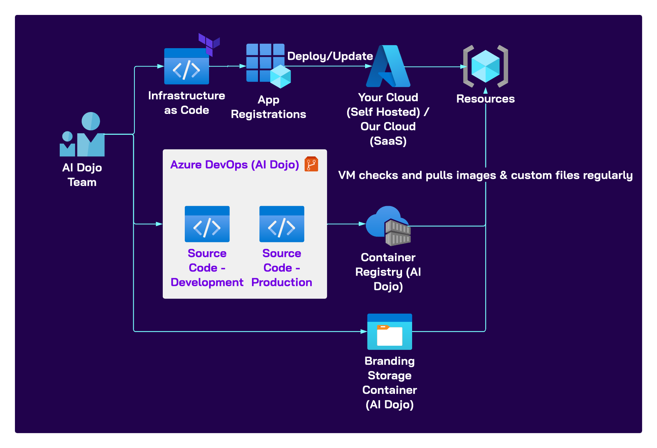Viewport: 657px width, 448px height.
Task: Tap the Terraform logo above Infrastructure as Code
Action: pyautogui.click(x=209, y=44)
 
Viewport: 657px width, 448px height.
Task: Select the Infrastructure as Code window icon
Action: pyautogui.click(x=187, y=67)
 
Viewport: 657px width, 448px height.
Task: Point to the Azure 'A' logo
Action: pyautogui.click(x=388, y=66)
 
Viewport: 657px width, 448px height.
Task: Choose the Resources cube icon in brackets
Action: pyautogui.click(x=485, y=66)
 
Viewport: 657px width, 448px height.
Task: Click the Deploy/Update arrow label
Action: pyautogui.click(x=330, y=56)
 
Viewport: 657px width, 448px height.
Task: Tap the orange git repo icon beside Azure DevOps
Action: pyautogui.click(x=311, y=164)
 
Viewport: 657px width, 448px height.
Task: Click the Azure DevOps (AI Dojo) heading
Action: pyautogui.click(x=234, y=165)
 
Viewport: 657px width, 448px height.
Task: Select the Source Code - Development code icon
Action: pyautogui.click(x=207, y=224)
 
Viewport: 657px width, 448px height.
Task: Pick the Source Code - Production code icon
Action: pyautogui.click(x=282, y=224)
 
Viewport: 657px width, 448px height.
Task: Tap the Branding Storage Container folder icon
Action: pyautogui.click(x=390, y=332)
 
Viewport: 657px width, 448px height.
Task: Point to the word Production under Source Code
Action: pyautogui.click(x=282, y=282)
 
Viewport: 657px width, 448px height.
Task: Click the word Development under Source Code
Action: pyautogui.click(x=207, y=282)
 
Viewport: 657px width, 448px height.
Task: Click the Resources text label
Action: pyautogui.click(x=485, y=99)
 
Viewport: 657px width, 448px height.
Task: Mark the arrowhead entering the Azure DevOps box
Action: pyautogui.click(x=159, y=224)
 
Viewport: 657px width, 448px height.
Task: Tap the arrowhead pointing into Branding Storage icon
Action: pyautogui.click(x=364, y=332)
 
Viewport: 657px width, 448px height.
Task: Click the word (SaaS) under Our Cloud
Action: pyautogui.click(x=388, y=141)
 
